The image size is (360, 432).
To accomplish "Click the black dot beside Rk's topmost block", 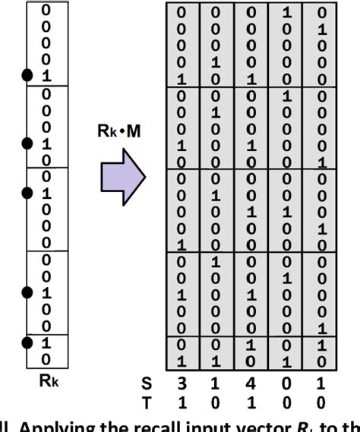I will (28, 74).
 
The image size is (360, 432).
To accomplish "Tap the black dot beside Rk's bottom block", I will (28, 343).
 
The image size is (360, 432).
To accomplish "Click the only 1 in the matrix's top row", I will (286, 13).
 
